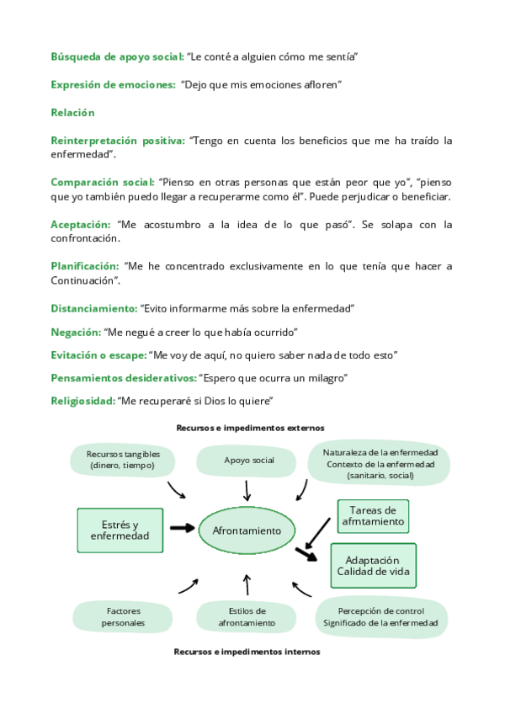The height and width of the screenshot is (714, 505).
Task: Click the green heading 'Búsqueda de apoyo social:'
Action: pos(117,56)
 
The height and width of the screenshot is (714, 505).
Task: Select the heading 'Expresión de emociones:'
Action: pos(112,85)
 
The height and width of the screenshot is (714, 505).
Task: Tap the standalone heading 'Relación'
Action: pos(72,113)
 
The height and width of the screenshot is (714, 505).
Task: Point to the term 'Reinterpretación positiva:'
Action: pos(118,141)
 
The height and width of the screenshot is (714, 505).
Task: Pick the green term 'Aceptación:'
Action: pos(81,225)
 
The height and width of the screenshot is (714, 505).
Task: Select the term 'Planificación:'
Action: pos(85,266)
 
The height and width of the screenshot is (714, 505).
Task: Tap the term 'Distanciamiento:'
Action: pos(94,308)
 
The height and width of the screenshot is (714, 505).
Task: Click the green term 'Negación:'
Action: pos(75,332)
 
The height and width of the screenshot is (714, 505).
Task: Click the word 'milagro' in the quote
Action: pos(329,377)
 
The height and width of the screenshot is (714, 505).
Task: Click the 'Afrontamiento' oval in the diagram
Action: pos(247,531)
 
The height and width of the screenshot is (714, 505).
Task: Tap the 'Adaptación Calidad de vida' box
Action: pos(372,565)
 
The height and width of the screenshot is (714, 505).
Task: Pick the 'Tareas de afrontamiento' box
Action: pos(373,515)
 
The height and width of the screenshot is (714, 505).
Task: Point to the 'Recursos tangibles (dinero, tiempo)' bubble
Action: pos(124,460)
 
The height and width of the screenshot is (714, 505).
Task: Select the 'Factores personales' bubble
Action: pos(124,617)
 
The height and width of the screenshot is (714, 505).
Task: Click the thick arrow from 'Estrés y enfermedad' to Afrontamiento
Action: pos(181,528)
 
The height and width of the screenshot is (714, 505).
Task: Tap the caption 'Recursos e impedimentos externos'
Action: pos(250,428)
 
